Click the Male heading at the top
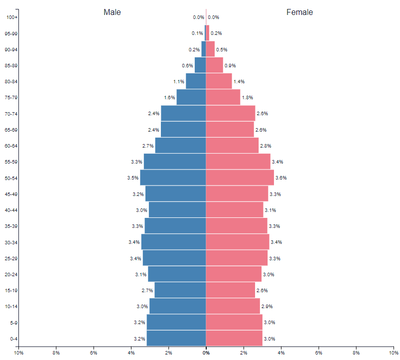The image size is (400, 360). click(x=112, y=12)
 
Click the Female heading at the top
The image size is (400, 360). click(x=299, y=12)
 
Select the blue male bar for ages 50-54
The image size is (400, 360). click(x=173, y=178)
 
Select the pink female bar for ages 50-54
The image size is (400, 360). click(x=240, y=178)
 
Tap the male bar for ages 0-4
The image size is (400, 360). click(x=176, y=339)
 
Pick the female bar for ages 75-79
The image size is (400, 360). click(x=223, y=97)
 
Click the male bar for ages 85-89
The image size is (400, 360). click(x=200, y=65)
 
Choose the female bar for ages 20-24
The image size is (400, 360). click(x=234, y=274)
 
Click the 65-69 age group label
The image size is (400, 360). click(x=11, y=130)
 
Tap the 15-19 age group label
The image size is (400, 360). click(x=11, y=290)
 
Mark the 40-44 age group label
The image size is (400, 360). click(x=11, y=210)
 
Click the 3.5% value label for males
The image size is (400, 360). click(x=133, y=178)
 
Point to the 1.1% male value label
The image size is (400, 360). click(x=179, y=82)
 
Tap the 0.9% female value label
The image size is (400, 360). click(x=230, y=66)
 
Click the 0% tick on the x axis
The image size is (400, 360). click(x=206, y=353)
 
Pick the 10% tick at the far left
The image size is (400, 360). click(x=19, y=353)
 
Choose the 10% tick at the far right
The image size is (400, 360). click(x=393, y=353)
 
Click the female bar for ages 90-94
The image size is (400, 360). click(x=210, y=49)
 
